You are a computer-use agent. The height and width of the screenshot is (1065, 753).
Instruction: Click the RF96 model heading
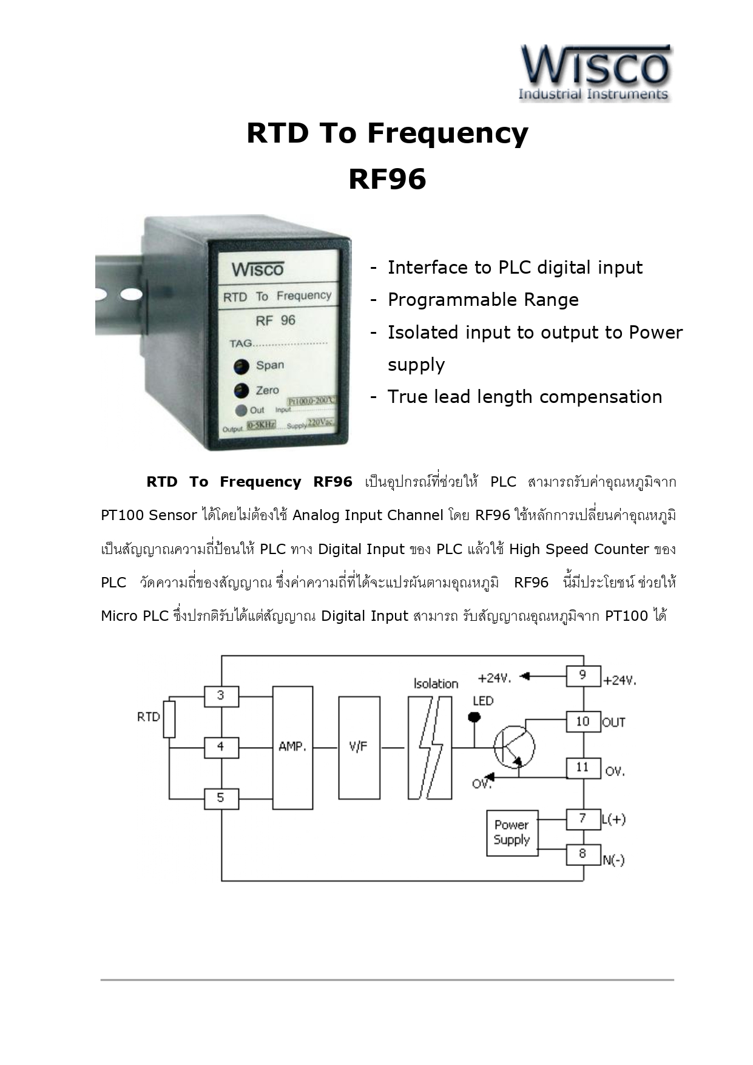[x=387, y=179]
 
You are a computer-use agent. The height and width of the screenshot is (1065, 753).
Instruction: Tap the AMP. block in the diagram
[x=292, y=747]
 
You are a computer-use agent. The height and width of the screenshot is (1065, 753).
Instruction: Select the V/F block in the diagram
[x=359, y=747]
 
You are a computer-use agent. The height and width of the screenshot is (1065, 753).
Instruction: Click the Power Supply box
[x=512, y=833]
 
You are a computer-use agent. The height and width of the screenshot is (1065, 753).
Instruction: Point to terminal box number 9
[x=582, y=675]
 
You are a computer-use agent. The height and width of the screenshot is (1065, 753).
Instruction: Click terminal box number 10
[x=582, y=722]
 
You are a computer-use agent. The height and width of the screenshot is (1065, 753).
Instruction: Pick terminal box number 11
[x=582, y=768]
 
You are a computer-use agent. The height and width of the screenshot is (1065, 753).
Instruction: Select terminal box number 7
[x=582, y=819]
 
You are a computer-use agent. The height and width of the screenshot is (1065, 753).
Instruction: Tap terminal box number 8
[x=582, y=854]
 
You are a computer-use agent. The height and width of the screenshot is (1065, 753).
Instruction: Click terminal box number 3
[x=221, y=696]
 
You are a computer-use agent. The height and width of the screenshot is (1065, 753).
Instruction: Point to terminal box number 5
[x=221, y=798]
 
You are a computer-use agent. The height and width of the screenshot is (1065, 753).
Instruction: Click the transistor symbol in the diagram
[x=513, y=747]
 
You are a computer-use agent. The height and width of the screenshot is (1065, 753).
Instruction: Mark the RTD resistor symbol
[x=169, y=719]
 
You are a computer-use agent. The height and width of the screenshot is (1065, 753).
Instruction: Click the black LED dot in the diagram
[x=475, y=718]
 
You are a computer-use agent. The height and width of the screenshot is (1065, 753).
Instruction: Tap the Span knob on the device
[x=241, y=366]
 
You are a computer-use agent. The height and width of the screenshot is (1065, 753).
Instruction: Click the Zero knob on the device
[x=241, y=391]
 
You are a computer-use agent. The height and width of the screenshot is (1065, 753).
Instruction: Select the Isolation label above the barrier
[x=436, y=684]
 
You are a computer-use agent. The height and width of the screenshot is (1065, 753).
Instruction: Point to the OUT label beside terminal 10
[x=613, y=722]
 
